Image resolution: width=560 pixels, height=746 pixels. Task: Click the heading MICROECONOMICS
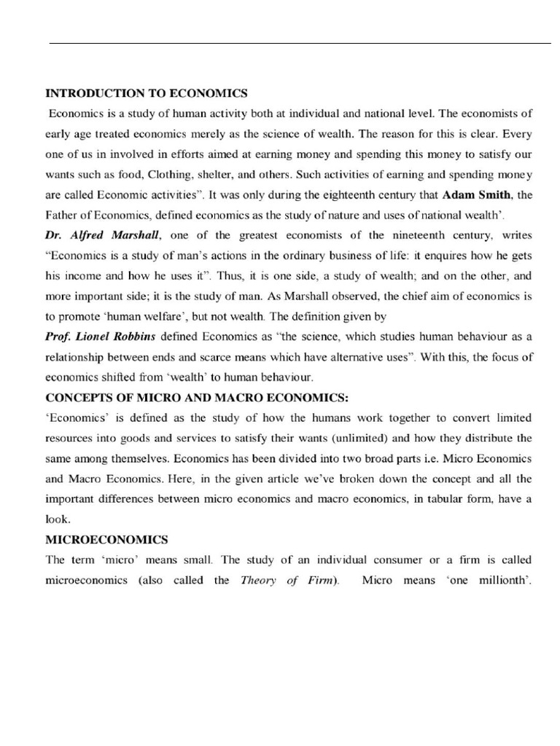[x=106, y=540]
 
